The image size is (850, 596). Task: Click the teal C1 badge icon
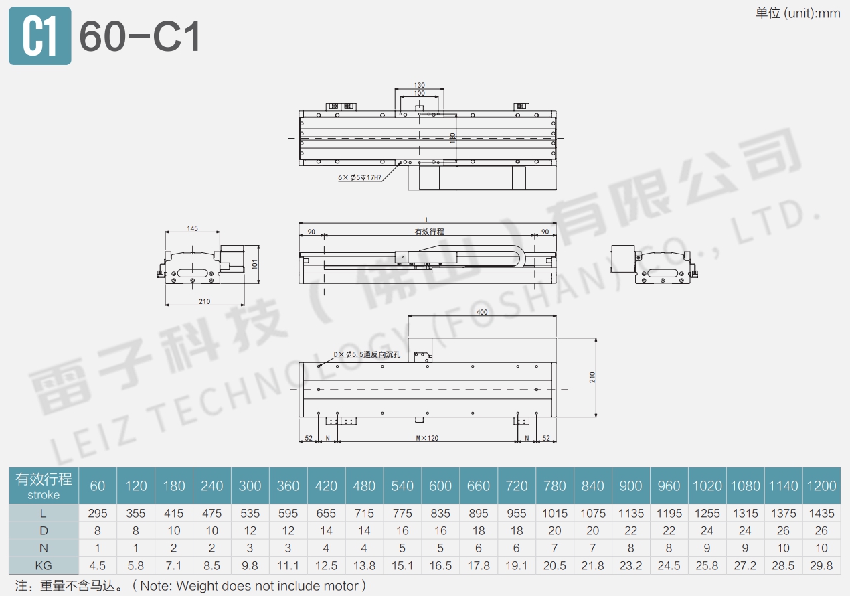(x=39, y=36)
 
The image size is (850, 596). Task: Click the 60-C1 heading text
(x=140, y=37)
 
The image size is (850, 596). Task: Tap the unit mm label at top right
(x=798, y=13)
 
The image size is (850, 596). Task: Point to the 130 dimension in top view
(x=419, y=86)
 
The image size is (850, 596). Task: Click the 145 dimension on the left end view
(x=192, y=228)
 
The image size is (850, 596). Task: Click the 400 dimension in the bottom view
(x=481, y=313)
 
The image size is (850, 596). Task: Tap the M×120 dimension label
(x=426, y=438)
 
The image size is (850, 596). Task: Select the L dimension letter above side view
(x=427, y=220)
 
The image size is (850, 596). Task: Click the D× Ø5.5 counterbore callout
(x=367, y=354)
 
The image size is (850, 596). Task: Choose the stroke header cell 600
(x=440, y=486)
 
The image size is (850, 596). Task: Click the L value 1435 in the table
(x=821, y=514)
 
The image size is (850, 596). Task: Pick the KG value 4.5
(x=98, y=565)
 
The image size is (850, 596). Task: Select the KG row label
(x=44, y=565)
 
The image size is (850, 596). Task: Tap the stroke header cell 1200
(x=821, y=486)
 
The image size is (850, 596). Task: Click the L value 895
(x=478, y=514)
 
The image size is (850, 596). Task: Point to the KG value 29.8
(x=821, y=565)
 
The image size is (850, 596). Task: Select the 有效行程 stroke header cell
(x=44, y=486)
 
